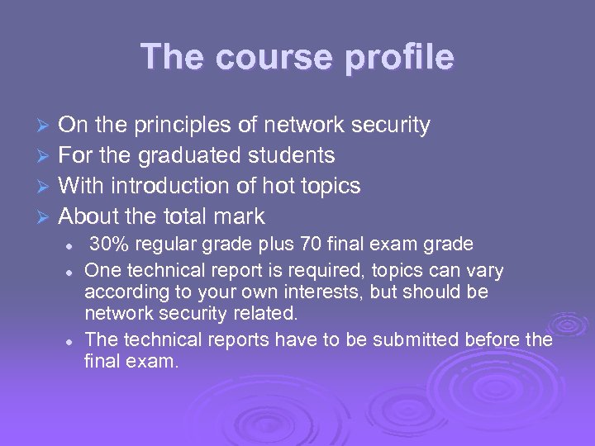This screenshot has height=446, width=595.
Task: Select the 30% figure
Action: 106,244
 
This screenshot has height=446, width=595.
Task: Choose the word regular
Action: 155,244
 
